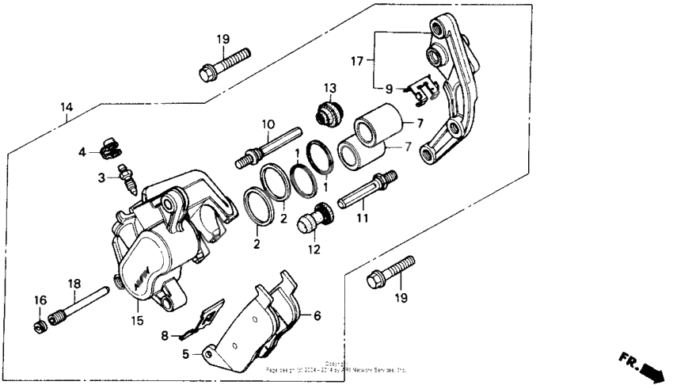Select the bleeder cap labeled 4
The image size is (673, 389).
112,147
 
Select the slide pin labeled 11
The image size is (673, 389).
367,190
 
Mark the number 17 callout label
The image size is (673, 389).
358,59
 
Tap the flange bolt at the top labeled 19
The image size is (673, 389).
224,64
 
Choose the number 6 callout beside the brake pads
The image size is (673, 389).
317,315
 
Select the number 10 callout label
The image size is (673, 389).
268,124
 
